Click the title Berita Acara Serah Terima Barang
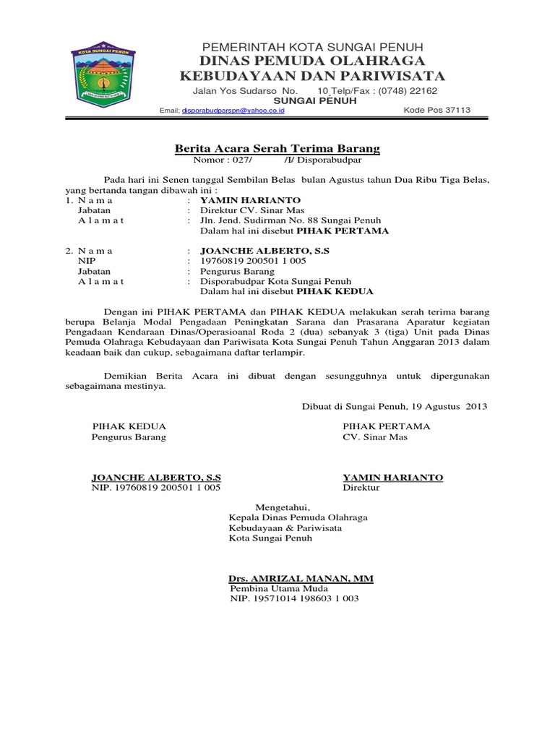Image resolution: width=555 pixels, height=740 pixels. coord(277,149)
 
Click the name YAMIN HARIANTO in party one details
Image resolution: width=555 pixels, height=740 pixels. coord(249,199)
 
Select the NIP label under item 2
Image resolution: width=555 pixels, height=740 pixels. coord(87,261)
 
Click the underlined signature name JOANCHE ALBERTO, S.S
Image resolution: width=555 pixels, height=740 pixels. coord(156,478)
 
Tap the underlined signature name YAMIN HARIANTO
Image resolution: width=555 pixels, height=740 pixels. coord(392,478)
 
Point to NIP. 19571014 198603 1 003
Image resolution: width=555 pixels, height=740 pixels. coord(294,600)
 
